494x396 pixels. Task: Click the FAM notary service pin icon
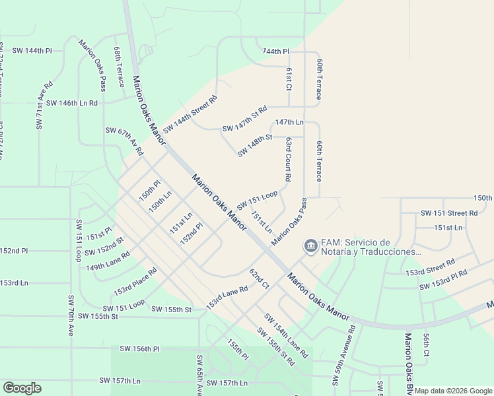pyautogui.click(x=310, y=246)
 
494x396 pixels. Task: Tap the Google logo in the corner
pyautogui.click(x=22, y=388)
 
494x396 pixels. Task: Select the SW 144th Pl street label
pyautogui.click(x=32, y=50)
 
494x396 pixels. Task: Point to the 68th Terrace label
pyautogui.click(x=119, y=67)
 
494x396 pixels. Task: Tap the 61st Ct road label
pyautogui.click(x=289, y=78)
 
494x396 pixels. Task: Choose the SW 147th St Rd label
pyautogui.click(x=244, y=118)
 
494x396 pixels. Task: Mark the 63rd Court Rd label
pyautogui.click(x=289, y=159)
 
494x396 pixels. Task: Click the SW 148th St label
pyautogui.click(x=255, y=145)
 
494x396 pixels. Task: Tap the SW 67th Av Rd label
pyautogui.click(x=124, y=141)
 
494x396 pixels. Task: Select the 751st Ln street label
pyautogui.click(x=260, y=222)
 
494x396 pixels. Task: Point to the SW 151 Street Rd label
pyautogui.click(x=449, y=213)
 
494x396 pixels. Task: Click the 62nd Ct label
pyautogui.click(x=259, y=279)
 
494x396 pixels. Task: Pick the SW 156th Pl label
pyautogui.click(x=140, y=348)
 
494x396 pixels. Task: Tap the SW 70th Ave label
pyautogui.click(x=69, y=315)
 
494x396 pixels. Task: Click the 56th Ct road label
pyautogui.click(x=426, y=345)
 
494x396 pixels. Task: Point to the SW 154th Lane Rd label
pyautogui.click(x=287, y=335)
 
